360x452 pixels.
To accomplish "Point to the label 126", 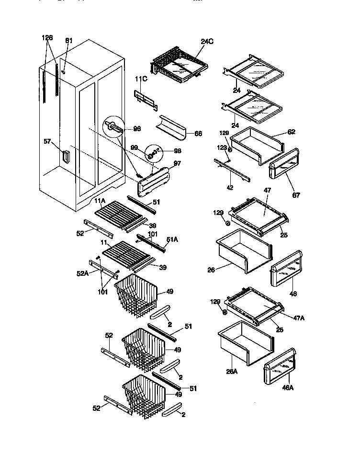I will point(47,38).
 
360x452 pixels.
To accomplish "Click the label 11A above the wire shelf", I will point(100,200).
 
